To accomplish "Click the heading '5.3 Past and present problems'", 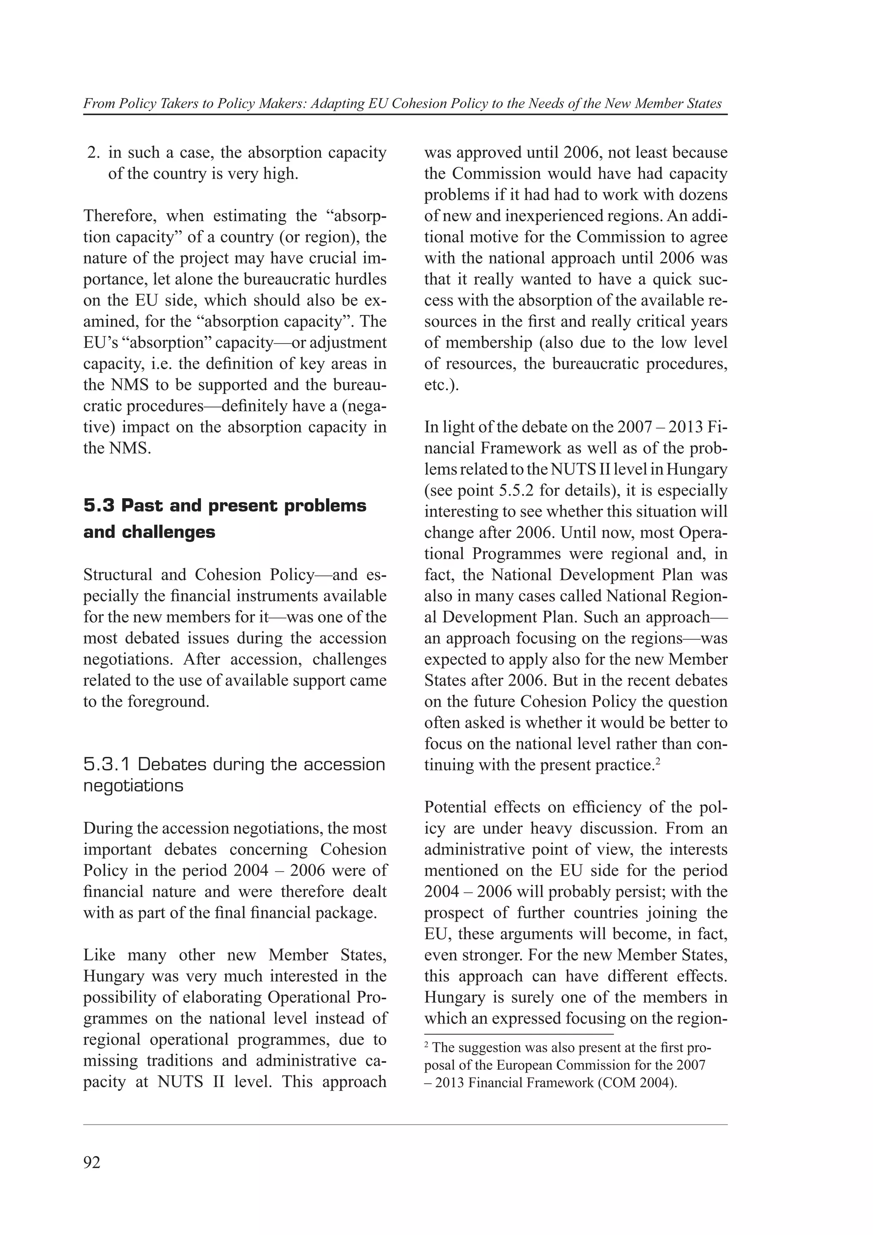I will [x=224, y=505].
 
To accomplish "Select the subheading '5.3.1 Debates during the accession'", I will [x=234, y=765].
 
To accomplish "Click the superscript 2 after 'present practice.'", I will [x=657, y=760].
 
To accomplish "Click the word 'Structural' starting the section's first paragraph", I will [x=117, y=575].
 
